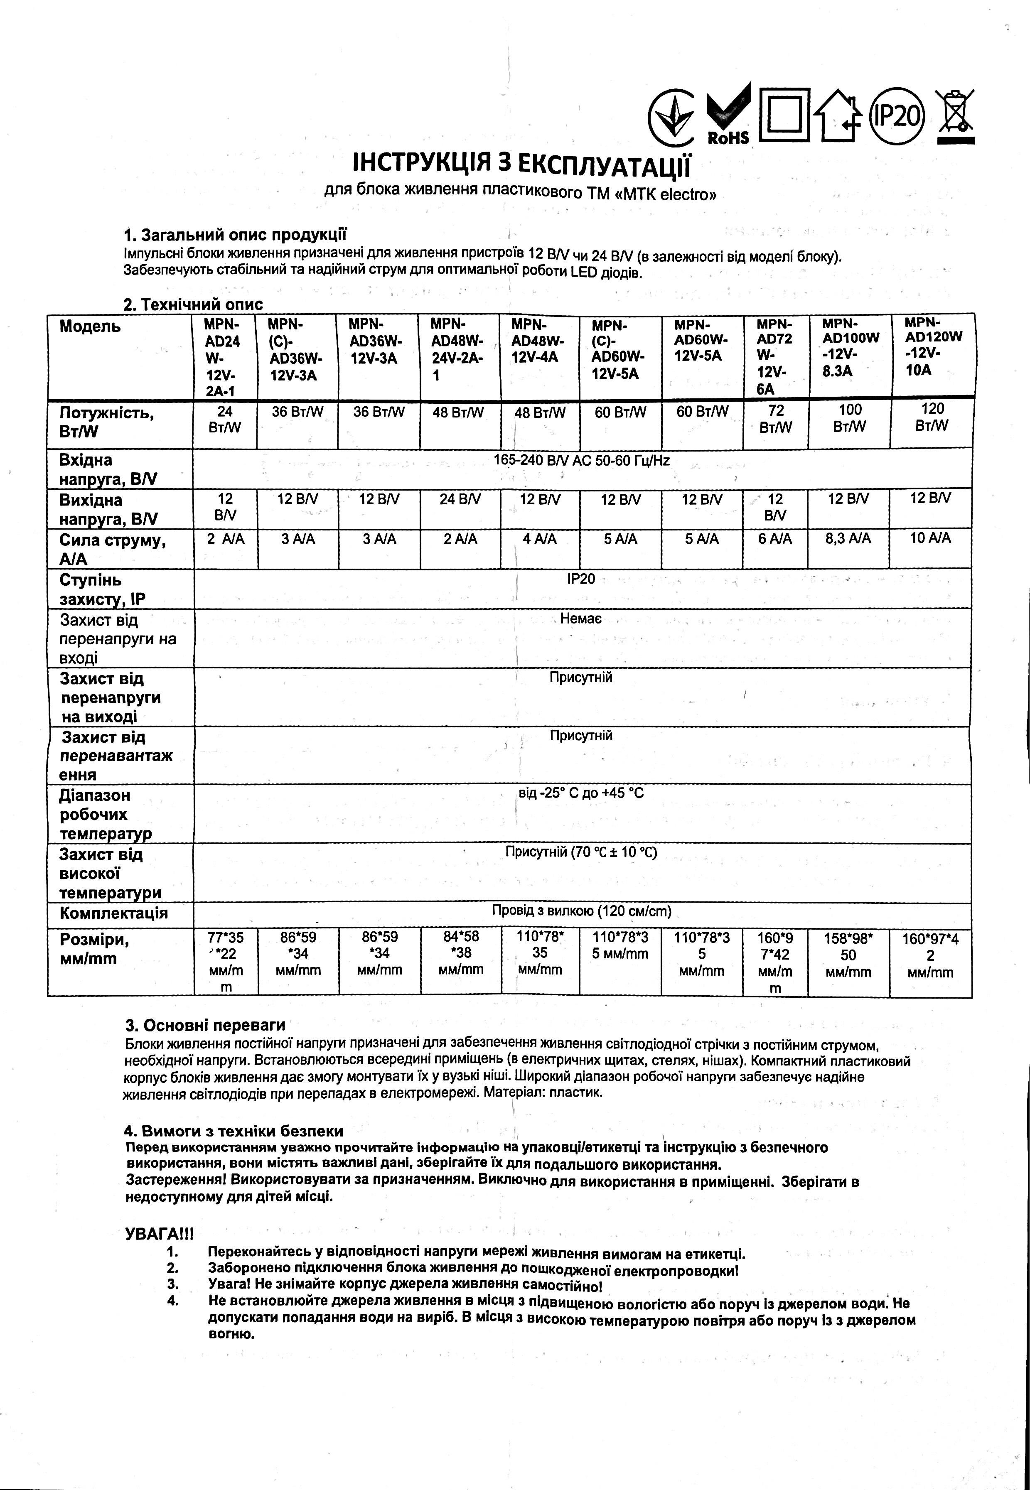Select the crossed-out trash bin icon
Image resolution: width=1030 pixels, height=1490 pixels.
click(x=954, y=116)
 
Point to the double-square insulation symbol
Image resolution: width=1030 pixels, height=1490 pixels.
click(x=784, y=115)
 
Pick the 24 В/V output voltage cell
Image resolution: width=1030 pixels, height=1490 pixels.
click(x=460, y=498)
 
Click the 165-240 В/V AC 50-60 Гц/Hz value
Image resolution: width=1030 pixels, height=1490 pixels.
click(x=581, y=460)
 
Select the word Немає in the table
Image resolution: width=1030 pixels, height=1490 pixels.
click(x=581, y=619)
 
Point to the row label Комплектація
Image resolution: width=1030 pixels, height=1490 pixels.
click(x=113, y=913)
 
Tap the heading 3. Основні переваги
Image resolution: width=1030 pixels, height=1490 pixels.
click(x=204, y=1026)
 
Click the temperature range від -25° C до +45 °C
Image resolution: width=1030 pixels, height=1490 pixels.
click(x=581, y=793)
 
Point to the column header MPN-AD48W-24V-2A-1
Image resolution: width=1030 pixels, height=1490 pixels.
click(x=457, y=349)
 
